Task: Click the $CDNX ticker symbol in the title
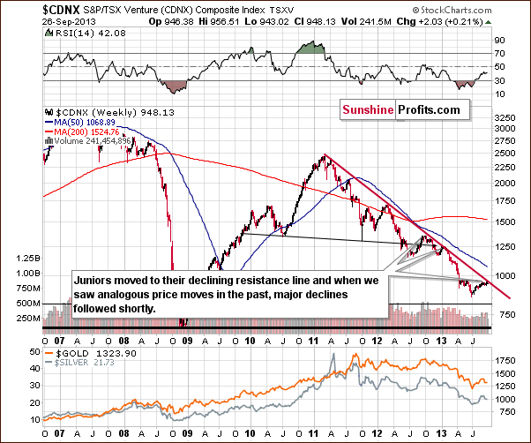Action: point(23,7)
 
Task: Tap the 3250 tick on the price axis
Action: point(505,116)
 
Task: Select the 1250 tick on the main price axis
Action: point(505,244)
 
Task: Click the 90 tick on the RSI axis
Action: point(497,41)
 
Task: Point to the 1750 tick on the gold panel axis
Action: point(505,360)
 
